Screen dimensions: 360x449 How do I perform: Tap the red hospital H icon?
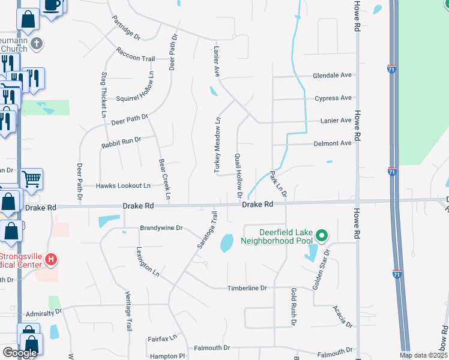pos(52,260)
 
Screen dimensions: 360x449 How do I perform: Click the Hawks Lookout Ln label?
pos(123,186)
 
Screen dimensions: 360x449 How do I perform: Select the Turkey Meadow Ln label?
pos(218,146)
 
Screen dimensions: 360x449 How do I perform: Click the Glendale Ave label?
pos(332,76)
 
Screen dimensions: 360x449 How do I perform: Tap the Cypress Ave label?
pos(333,98)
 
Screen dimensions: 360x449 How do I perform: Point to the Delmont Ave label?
pos(332,143)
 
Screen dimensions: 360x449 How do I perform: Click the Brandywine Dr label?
pos(161,228)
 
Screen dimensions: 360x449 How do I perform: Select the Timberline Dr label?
pos(246,288)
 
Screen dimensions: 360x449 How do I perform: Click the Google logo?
pos(19,353)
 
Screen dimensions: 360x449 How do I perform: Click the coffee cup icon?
pos(52,5)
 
